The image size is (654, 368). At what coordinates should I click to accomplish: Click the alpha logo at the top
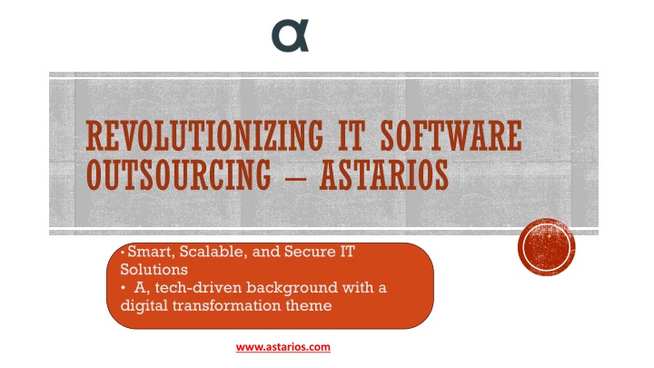pos(291,35)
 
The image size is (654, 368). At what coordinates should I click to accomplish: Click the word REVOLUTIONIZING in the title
pos(204,135)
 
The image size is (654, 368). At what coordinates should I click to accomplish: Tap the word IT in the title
pos(352,135)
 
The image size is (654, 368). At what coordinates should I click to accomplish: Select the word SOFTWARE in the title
pos(451,135)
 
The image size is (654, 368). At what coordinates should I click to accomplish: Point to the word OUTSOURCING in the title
pos(179,174)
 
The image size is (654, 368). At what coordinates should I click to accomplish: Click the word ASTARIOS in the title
pos(384,174)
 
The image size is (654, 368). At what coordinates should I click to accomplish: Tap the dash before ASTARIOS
pos(295,177)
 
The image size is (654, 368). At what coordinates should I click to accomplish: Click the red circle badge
pos(547,246)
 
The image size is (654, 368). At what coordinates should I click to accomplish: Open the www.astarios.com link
pos(283,347)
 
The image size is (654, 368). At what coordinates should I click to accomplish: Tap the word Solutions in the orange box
pos(154,270)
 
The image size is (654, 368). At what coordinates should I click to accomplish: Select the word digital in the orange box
pos(144,306)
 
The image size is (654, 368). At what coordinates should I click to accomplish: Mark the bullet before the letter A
pos(123,288)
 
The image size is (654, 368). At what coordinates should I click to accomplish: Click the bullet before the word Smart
pos(123,252)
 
